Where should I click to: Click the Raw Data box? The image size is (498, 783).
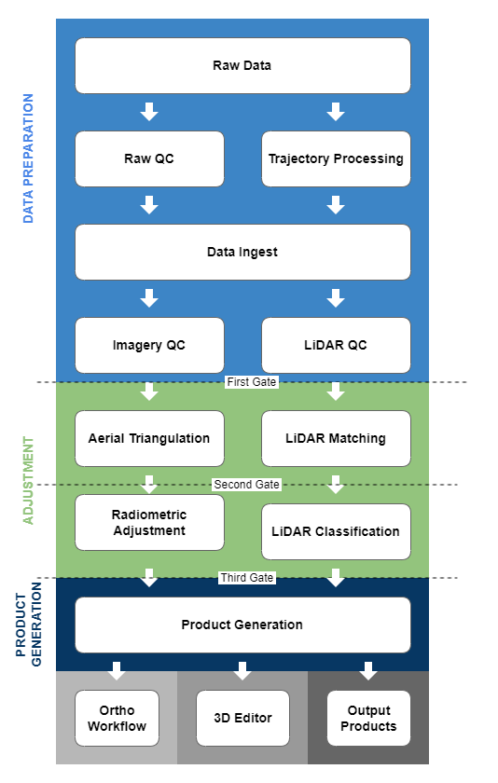242,65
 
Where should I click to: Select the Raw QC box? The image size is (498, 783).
149,158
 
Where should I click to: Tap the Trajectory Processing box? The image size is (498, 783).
336,158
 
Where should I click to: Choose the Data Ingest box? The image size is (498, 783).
242,252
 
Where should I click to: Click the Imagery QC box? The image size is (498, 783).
149,345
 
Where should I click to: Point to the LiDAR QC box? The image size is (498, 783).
336,345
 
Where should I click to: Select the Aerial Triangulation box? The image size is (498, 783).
149,438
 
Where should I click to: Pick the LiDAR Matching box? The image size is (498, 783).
336,438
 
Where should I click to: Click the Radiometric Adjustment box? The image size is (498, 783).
149,522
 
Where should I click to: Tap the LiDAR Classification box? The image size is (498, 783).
336,531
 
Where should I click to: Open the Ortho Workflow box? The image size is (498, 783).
117,718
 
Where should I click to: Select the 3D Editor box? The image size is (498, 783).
242,718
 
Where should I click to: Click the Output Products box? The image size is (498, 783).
368,718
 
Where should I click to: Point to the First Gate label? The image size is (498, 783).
251,382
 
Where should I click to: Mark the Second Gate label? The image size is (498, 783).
246,485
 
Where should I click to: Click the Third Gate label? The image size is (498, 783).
247,578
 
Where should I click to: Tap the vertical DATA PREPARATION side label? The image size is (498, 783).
28,158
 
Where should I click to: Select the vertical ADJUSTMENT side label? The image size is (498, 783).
28,480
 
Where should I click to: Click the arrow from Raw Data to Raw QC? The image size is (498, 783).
149,112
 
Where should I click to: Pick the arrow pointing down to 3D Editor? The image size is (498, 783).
242,671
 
